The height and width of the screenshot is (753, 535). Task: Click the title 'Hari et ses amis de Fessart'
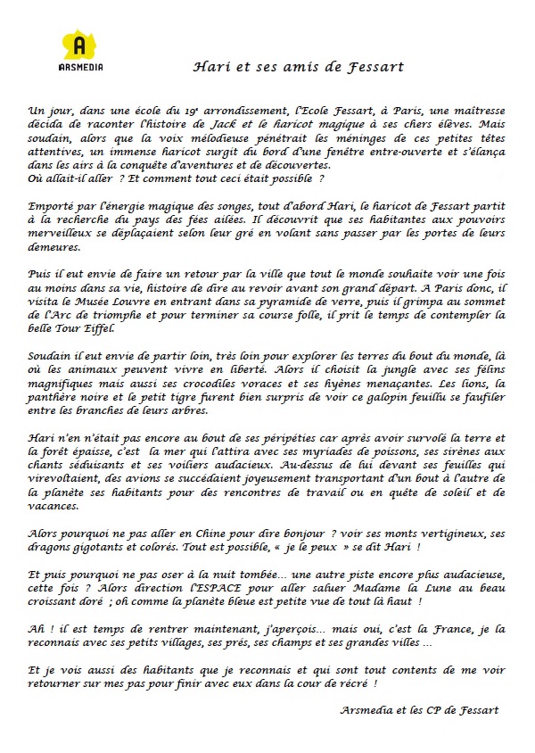pyautogui.click(x=299, y=66)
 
